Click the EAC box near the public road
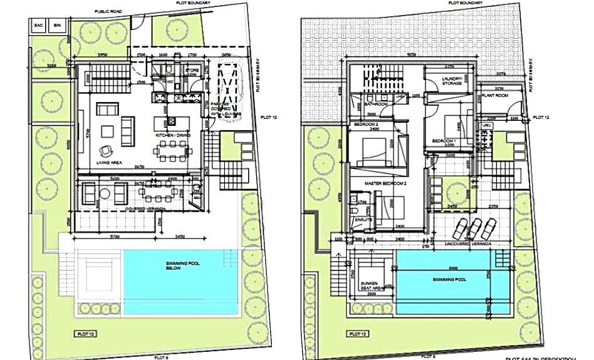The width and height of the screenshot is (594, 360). pyautogui.click(x=39, y=25)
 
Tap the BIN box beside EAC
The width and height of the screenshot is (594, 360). pyautogui.click(x=57, y=25)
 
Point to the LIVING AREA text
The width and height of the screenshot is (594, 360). pyautogui.click(x=108, y=162)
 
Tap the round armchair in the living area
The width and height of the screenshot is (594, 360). pyautogui.click(x=105, y=150)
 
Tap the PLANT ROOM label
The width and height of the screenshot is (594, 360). pyautogui.click(x=494, y=95)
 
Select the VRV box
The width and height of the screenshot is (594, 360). pyautogui.click(x=486, y=126)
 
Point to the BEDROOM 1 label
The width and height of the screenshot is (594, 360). pyautogui.click(x=445, y=141)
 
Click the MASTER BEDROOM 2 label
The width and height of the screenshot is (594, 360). pyautogui.click(x=387, y=183)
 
